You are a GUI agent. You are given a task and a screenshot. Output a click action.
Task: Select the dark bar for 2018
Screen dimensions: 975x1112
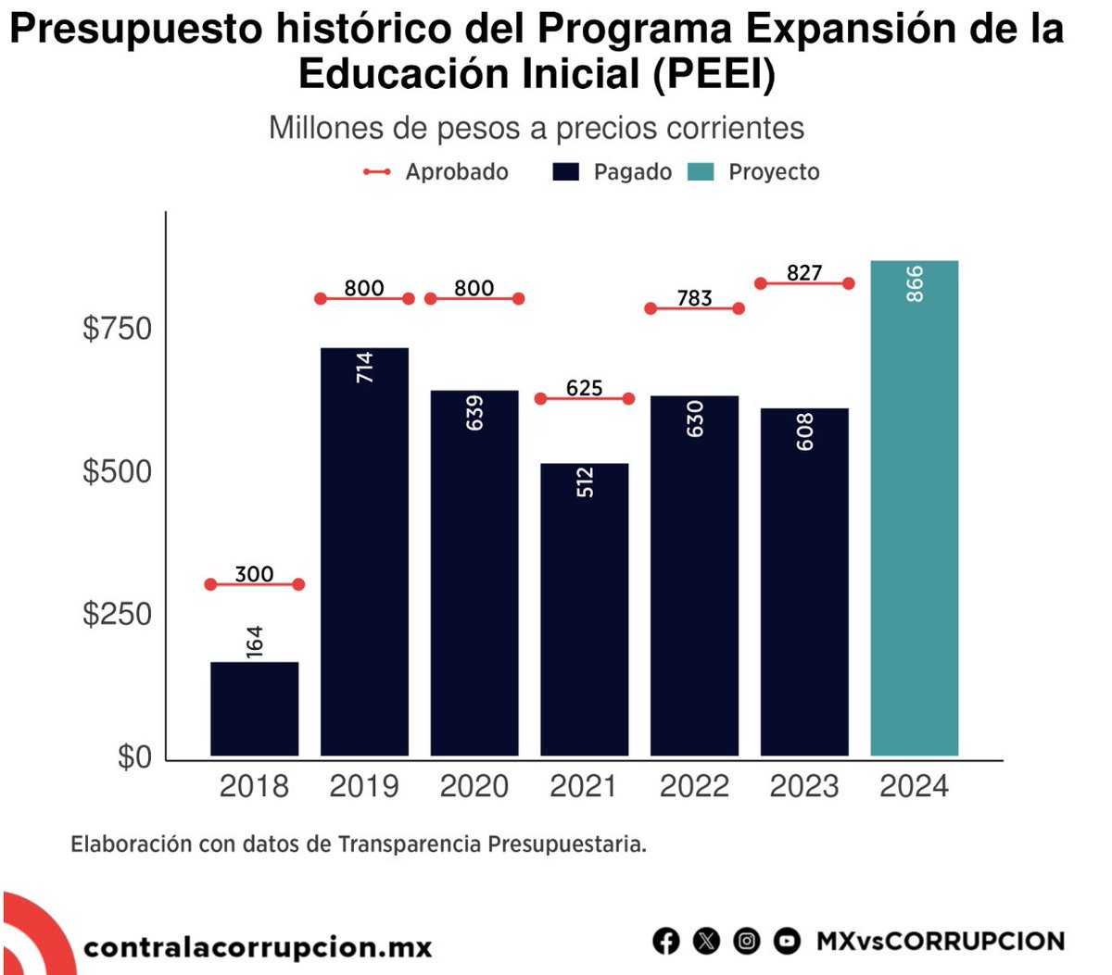(x=254, y=708)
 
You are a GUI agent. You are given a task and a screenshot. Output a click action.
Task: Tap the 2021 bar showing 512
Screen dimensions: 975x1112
(x=584, y=611)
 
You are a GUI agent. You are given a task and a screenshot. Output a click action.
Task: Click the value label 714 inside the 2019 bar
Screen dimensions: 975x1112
(x=364, y=368)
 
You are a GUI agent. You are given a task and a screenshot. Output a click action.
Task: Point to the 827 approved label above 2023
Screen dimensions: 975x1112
(x=804, y=272)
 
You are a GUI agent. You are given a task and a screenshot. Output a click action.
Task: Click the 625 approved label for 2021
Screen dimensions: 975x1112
(x=584, y=388)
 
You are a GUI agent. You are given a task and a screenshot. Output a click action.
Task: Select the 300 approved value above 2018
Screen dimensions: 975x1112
(x=254, y=574)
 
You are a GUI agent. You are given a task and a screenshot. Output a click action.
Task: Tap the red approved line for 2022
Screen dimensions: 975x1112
(x=694, y=308)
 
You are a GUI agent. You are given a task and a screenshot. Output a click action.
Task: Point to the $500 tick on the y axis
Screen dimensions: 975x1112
(x=117, y=471)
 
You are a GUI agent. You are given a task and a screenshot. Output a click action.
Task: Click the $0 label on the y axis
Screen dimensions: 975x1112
(x=133, y=757)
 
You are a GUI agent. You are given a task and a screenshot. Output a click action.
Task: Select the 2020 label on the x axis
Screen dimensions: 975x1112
(x=474, y=787)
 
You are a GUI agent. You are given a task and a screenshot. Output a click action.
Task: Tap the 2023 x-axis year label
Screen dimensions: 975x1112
(x=804, y=787)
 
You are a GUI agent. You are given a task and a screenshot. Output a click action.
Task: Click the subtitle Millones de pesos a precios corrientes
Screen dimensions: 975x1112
(x=537, y=128)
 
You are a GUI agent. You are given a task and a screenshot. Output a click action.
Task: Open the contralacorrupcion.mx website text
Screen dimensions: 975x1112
(x=258, y=947)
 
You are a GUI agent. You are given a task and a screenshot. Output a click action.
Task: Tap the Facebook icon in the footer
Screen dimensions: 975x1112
(x=665, y=942)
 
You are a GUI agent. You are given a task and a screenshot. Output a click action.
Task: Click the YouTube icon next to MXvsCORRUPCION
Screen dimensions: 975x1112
(x=787, y=942)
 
